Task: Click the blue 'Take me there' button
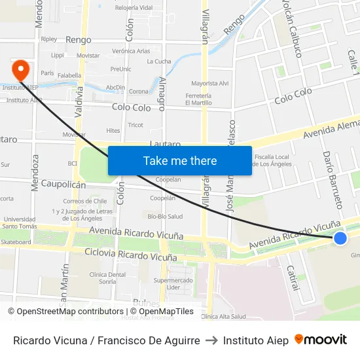click(179, 161)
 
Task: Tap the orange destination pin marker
click(20, 69)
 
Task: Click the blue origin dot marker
click(340, 238)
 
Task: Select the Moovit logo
click(321, 340)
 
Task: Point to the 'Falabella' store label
click(69, 76)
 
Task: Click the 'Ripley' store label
click(49, 39)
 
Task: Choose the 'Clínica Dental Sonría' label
click(107, 278)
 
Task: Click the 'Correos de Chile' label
click(85, 201)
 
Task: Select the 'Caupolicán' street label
click(63, 185)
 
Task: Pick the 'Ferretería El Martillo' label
click(198, 99)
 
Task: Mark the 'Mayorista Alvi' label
click(209, 83)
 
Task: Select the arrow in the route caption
click(211, 340)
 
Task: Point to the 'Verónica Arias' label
click(131, 51)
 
